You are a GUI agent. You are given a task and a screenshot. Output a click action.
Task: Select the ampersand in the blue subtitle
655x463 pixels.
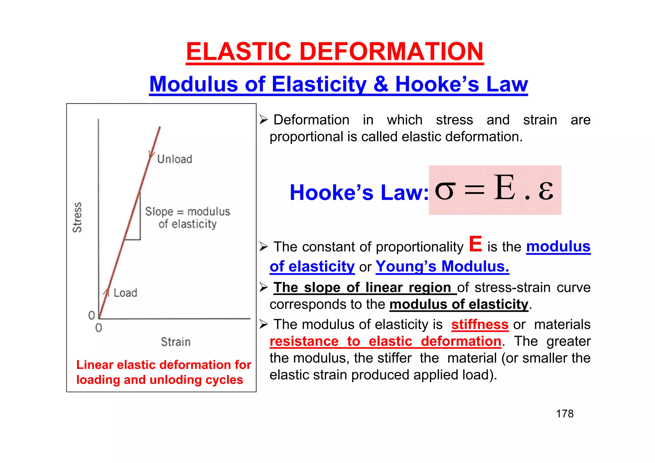click(380, 84)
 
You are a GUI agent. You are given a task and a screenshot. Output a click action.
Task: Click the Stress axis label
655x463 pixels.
click(77, 217)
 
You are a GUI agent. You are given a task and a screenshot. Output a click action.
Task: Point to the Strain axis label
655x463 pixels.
click(176, 342)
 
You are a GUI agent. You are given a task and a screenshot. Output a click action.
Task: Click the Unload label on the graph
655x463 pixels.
click(175, 159)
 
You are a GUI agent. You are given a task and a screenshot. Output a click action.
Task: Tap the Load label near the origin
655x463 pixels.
click(125, 293)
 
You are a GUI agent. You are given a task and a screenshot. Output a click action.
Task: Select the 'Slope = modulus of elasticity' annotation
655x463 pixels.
click(187, 218)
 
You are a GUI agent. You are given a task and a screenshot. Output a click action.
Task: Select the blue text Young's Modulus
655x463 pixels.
click(442, 266)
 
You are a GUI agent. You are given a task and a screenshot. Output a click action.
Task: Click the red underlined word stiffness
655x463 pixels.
click(480, 325)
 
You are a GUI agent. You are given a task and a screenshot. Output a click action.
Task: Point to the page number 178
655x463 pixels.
click(564, 414)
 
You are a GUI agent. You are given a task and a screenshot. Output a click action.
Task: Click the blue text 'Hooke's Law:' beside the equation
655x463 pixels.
click(359, 192)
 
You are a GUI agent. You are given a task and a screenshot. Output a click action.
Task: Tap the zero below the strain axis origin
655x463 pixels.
click(99, 328)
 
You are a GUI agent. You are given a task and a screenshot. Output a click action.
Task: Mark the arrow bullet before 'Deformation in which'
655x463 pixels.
click(264, 120)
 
